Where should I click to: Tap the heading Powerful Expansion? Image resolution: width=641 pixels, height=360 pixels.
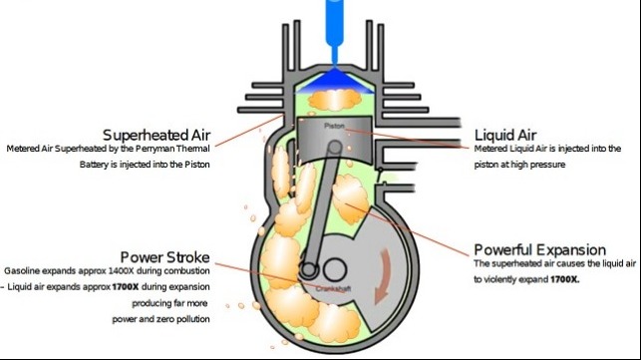click(539, 249)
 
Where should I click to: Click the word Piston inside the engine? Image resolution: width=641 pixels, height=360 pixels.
click(334, 128)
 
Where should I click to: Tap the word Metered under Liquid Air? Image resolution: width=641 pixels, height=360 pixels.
click(490, 148)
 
